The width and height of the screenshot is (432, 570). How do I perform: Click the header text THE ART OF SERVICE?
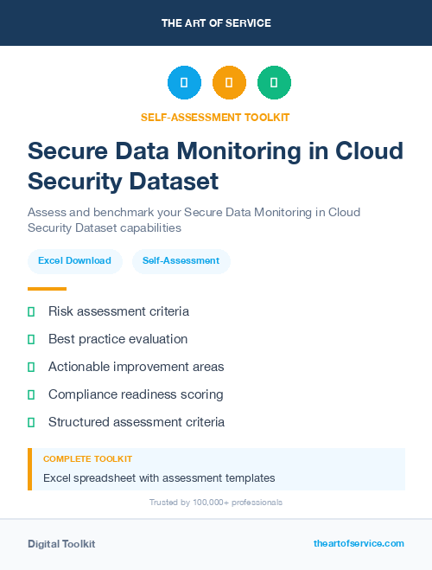[x=216, y=23]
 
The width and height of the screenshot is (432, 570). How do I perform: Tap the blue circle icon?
[x=184, y=83]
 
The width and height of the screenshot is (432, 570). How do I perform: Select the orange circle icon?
[x=229, y=83]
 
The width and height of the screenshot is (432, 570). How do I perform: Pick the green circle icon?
[x=274, y=83]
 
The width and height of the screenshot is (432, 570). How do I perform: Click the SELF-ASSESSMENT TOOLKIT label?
[x=216, y=117]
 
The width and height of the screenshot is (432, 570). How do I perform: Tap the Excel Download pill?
[x=74, y=260]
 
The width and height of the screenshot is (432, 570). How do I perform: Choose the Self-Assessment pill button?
[x=181, y=260]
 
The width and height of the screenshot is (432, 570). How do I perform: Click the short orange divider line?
[x=47, y=289]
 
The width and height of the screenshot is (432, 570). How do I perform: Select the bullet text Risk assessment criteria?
[x=118, y=311]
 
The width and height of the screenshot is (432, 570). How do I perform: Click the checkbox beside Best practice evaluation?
[x=31, y=339]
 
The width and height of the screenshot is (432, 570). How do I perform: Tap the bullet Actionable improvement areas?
[x=136, y=367]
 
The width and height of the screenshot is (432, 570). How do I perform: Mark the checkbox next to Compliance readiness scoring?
[x=31, y=394]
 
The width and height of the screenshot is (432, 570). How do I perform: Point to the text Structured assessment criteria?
[x=137, y=422]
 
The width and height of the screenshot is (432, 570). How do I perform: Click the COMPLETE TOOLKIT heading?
[x=87, y=459]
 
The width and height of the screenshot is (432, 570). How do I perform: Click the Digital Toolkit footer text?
[x=61, y=544]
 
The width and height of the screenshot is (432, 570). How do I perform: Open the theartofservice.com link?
[x=359, y=543]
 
